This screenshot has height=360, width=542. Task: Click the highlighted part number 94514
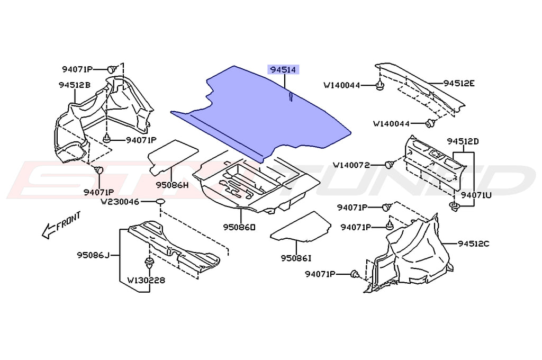(x=284, y=70)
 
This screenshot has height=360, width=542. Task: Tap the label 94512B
(x=74, y=85)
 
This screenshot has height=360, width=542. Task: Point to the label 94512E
(x=459, y=83)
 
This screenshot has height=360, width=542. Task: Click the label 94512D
(x=462, y=141)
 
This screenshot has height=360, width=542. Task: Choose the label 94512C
(x=474, y=244)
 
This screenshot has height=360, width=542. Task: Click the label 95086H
(x=172, y=185)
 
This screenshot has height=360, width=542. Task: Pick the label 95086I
(x=296, y=258)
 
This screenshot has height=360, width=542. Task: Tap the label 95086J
(x=92, y=256)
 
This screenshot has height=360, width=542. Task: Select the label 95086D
(x=239, y=227)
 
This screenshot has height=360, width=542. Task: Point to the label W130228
(x=146, y=280)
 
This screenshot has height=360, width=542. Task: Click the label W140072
(x=359, y=165)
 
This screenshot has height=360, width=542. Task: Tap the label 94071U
(x=476, y=195)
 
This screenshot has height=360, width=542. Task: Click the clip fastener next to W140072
(x=390, y=165)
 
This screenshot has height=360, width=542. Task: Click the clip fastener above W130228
(x=148, y=263)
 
